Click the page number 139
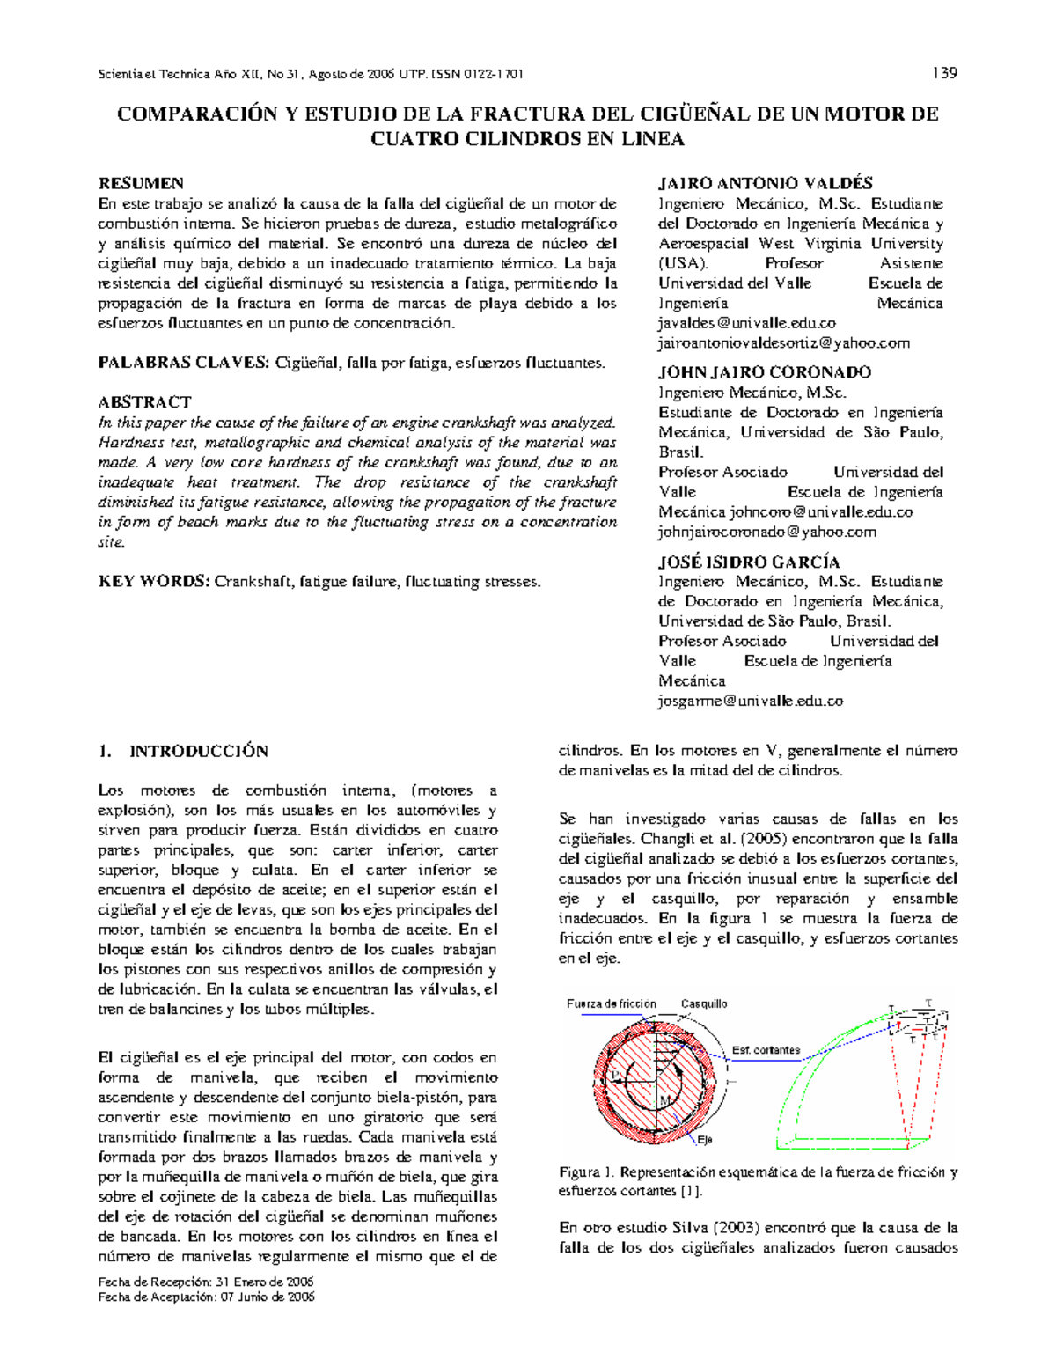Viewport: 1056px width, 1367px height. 944,73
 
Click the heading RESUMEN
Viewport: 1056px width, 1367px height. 141,183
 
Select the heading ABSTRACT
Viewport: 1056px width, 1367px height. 144,402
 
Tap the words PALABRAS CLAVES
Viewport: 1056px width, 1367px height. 183,363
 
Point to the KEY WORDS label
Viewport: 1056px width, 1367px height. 154,582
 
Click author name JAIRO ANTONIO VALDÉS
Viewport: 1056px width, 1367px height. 765,183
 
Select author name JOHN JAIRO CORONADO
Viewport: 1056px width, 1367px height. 765,372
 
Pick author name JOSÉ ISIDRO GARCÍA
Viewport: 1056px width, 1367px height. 749,562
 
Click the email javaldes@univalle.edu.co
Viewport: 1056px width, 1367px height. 747,323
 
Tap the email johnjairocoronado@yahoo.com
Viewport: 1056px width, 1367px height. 766,532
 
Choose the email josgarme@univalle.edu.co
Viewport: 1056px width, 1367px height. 751,702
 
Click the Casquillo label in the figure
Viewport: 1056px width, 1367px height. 704,1003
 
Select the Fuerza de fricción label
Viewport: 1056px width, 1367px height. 612,1003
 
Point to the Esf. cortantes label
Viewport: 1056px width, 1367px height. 766,1050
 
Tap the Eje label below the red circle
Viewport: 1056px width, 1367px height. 705,1140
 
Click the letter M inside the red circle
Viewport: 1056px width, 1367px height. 664,1102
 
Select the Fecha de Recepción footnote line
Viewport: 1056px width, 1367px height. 206,1282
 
